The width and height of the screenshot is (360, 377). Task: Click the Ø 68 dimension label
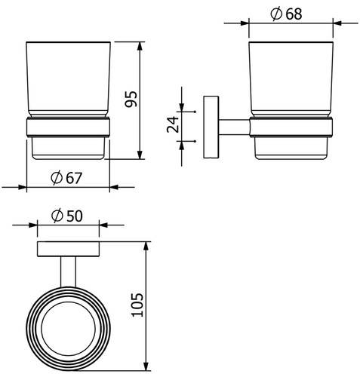(286, 14)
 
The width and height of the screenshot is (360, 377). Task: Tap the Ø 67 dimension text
(66, 178)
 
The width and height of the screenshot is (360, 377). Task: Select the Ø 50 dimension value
(67, 216)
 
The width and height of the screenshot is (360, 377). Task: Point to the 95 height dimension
(131, 99)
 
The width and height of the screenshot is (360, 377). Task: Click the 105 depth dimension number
(137, 305)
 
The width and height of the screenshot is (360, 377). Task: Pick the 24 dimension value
(173, 124)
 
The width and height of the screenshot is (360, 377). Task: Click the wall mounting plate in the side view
(211, 127)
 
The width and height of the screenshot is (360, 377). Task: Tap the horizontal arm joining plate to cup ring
(234, 127)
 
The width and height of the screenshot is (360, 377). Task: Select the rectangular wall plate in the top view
(68, 249)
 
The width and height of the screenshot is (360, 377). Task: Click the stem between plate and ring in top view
(68, 272)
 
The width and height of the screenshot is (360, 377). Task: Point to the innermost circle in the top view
(68, 329)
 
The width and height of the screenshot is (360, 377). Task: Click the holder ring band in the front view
(68, 127)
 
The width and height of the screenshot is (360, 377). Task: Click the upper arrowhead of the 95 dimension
(140, 46)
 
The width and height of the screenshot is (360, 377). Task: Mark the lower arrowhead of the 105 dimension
(146, 366)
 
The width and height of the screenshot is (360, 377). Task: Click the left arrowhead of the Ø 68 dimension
(245, 23)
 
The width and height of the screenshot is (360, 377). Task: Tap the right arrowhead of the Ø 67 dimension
(114, 187)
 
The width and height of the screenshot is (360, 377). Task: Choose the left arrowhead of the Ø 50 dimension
(33, 225)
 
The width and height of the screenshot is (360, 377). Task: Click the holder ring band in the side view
(291, 127)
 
